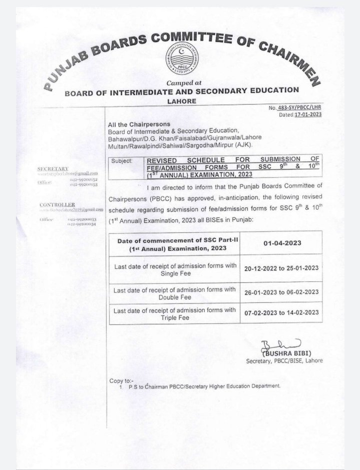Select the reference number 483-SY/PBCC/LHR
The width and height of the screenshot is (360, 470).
click(297, 108)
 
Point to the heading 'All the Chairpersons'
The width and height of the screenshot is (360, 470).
click(139, 124)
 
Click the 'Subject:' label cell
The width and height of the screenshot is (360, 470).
click(122, 162)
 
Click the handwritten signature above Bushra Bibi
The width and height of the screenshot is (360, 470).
click(273, 345)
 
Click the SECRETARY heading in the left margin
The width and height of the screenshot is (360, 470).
click(53, 169)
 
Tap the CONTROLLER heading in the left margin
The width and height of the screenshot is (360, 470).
click(57, 205)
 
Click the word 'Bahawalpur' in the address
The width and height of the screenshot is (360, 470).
click(124, 138)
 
